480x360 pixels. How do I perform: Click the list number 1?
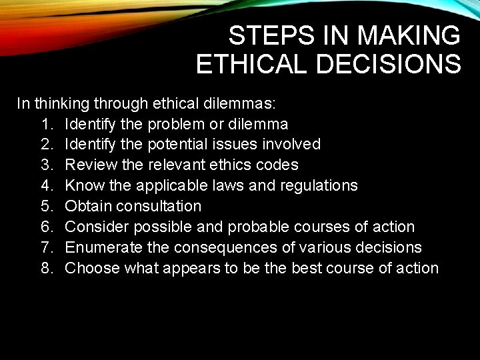tap(46, 124)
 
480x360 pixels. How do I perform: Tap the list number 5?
tap(46, 206)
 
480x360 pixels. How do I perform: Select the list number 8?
tap(46, 268)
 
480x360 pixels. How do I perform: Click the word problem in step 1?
tap(176, 124)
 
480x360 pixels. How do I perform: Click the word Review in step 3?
tap(88, 165)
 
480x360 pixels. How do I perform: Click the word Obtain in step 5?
tap(87, 206)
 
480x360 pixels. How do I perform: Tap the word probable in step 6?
tap(256, 227)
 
